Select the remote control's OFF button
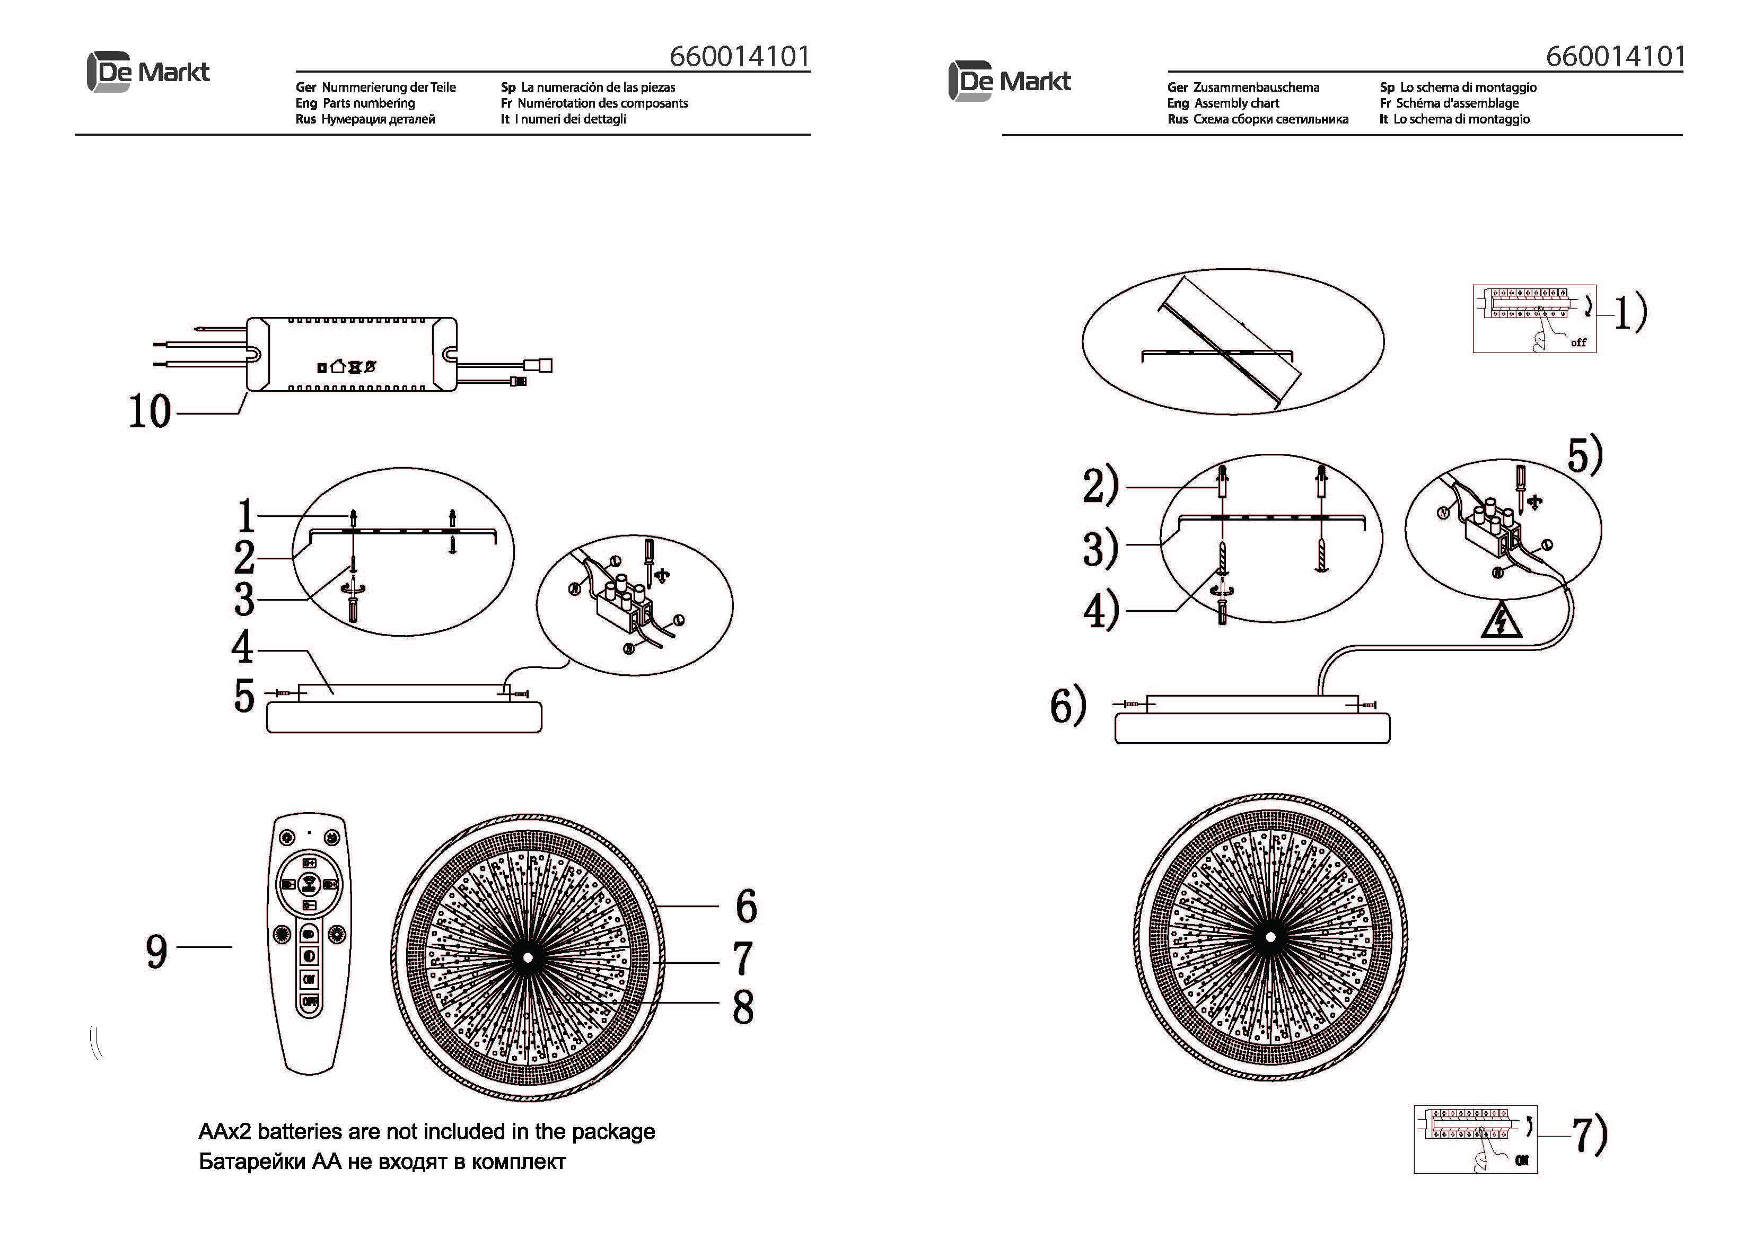[x=310, y=1001]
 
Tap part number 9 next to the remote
[x=156, y=951]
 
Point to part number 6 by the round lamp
[x=746, y=906]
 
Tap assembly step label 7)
[x=1589, y=1136]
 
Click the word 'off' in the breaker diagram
[x=1578, y=343]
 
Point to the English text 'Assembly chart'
[x=1236, y=103]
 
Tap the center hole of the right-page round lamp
[x=1270, y=937]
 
